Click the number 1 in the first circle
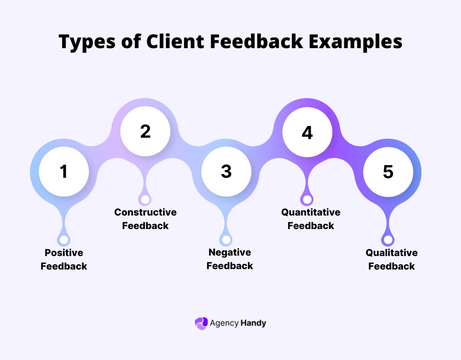pos(64,171)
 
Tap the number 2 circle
pos(145,131)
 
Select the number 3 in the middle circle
pos(226,171)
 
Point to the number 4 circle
pos(307,133)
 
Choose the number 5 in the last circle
pos(388,171)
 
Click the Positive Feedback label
pos(64,259)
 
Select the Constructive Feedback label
pos(145,219)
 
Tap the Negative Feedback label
pos(230,259)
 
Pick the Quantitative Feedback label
pos(311,219)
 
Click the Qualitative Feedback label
pos(392,259)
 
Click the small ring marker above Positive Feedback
pos(64,240)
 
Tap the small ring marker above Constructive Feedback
pos(145,199)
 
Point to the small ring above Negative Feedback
pos(226,240)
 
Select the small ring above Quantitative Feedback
pos(307,199)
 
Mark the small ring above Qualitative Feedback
pos(388,240)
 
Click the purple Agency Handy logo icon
pos(201,323)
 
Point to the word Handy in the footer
pos(253,323)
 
